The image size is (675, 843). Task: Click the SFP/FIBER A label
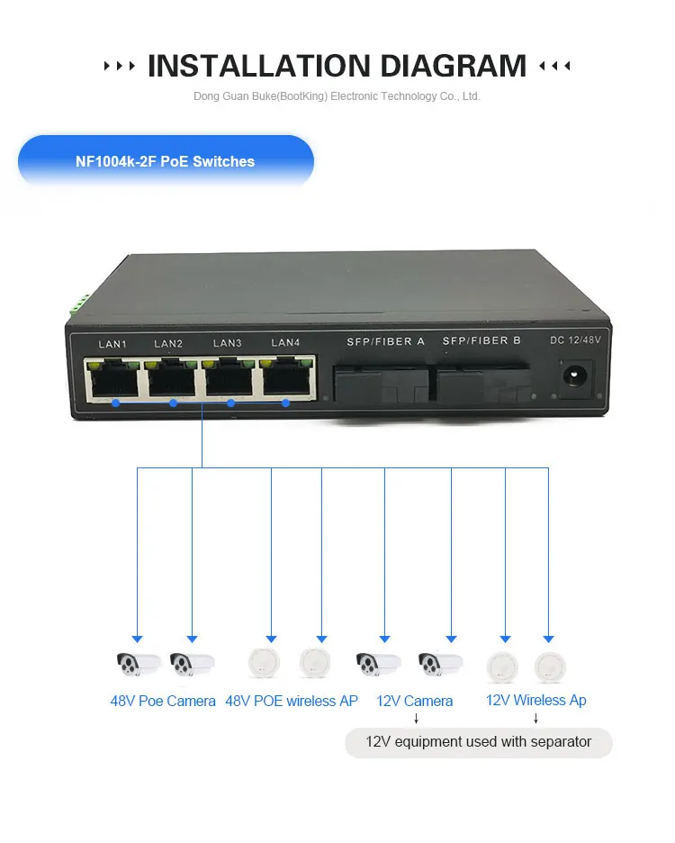385,342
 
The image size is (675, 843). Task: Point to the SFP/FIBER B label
481,341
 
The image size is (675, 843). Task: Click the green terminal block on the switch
76,304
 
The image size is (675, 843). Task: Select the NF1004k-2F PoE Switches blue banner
166,162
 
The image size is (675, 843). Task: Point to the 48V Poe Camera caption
163,701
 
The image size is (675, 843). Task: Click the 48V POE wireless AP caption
292,701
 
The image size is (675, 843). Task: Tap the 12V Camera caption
414,701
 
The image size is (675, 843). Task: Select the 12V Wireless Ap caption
535,700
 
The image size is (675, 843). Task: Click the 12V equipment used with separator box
478,742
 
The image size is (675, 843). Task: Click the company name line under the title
337,96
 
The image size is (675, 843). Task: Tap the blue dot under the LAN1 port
114,403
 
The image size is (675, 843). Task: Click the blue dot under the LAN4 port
285,403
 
